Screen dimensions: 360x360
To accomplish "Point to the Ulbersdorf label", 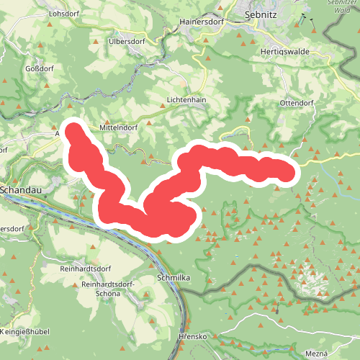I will tap(127, 40).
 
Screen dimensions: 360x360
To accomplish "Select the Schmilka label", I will tap(173, 277).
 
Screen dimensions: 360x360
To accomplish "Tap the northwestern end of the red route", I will tap(73, 130).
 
